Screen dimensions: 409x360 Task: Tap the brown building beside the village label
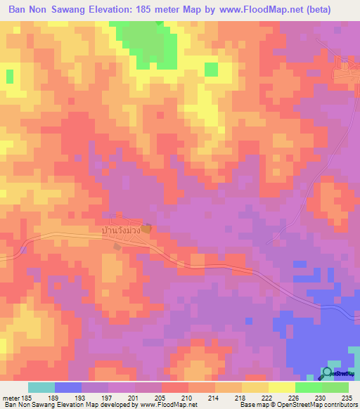click(x=146, y=228)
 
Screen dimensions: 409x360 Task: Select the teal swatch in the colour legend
click(x=41, y=387)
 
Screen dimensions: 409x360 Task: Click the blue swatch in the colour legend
click(x=68, y=387)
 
